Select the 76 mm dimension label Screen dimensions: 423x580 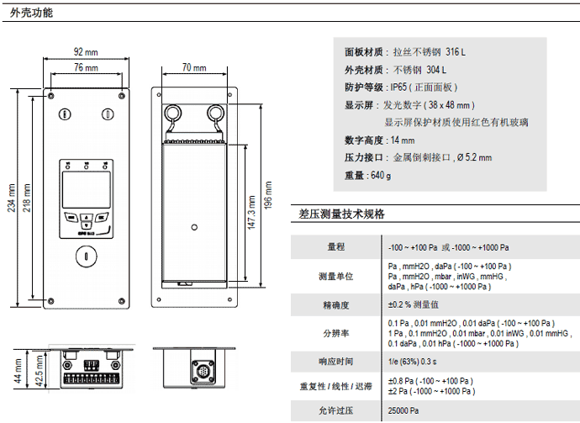[85, 67]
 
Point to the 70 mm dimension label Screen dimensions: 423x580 [193, 67]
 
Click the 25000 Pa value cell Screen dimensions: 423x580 [403, 411]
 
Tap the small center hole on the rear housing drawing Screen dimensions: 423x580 [195, 226]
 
